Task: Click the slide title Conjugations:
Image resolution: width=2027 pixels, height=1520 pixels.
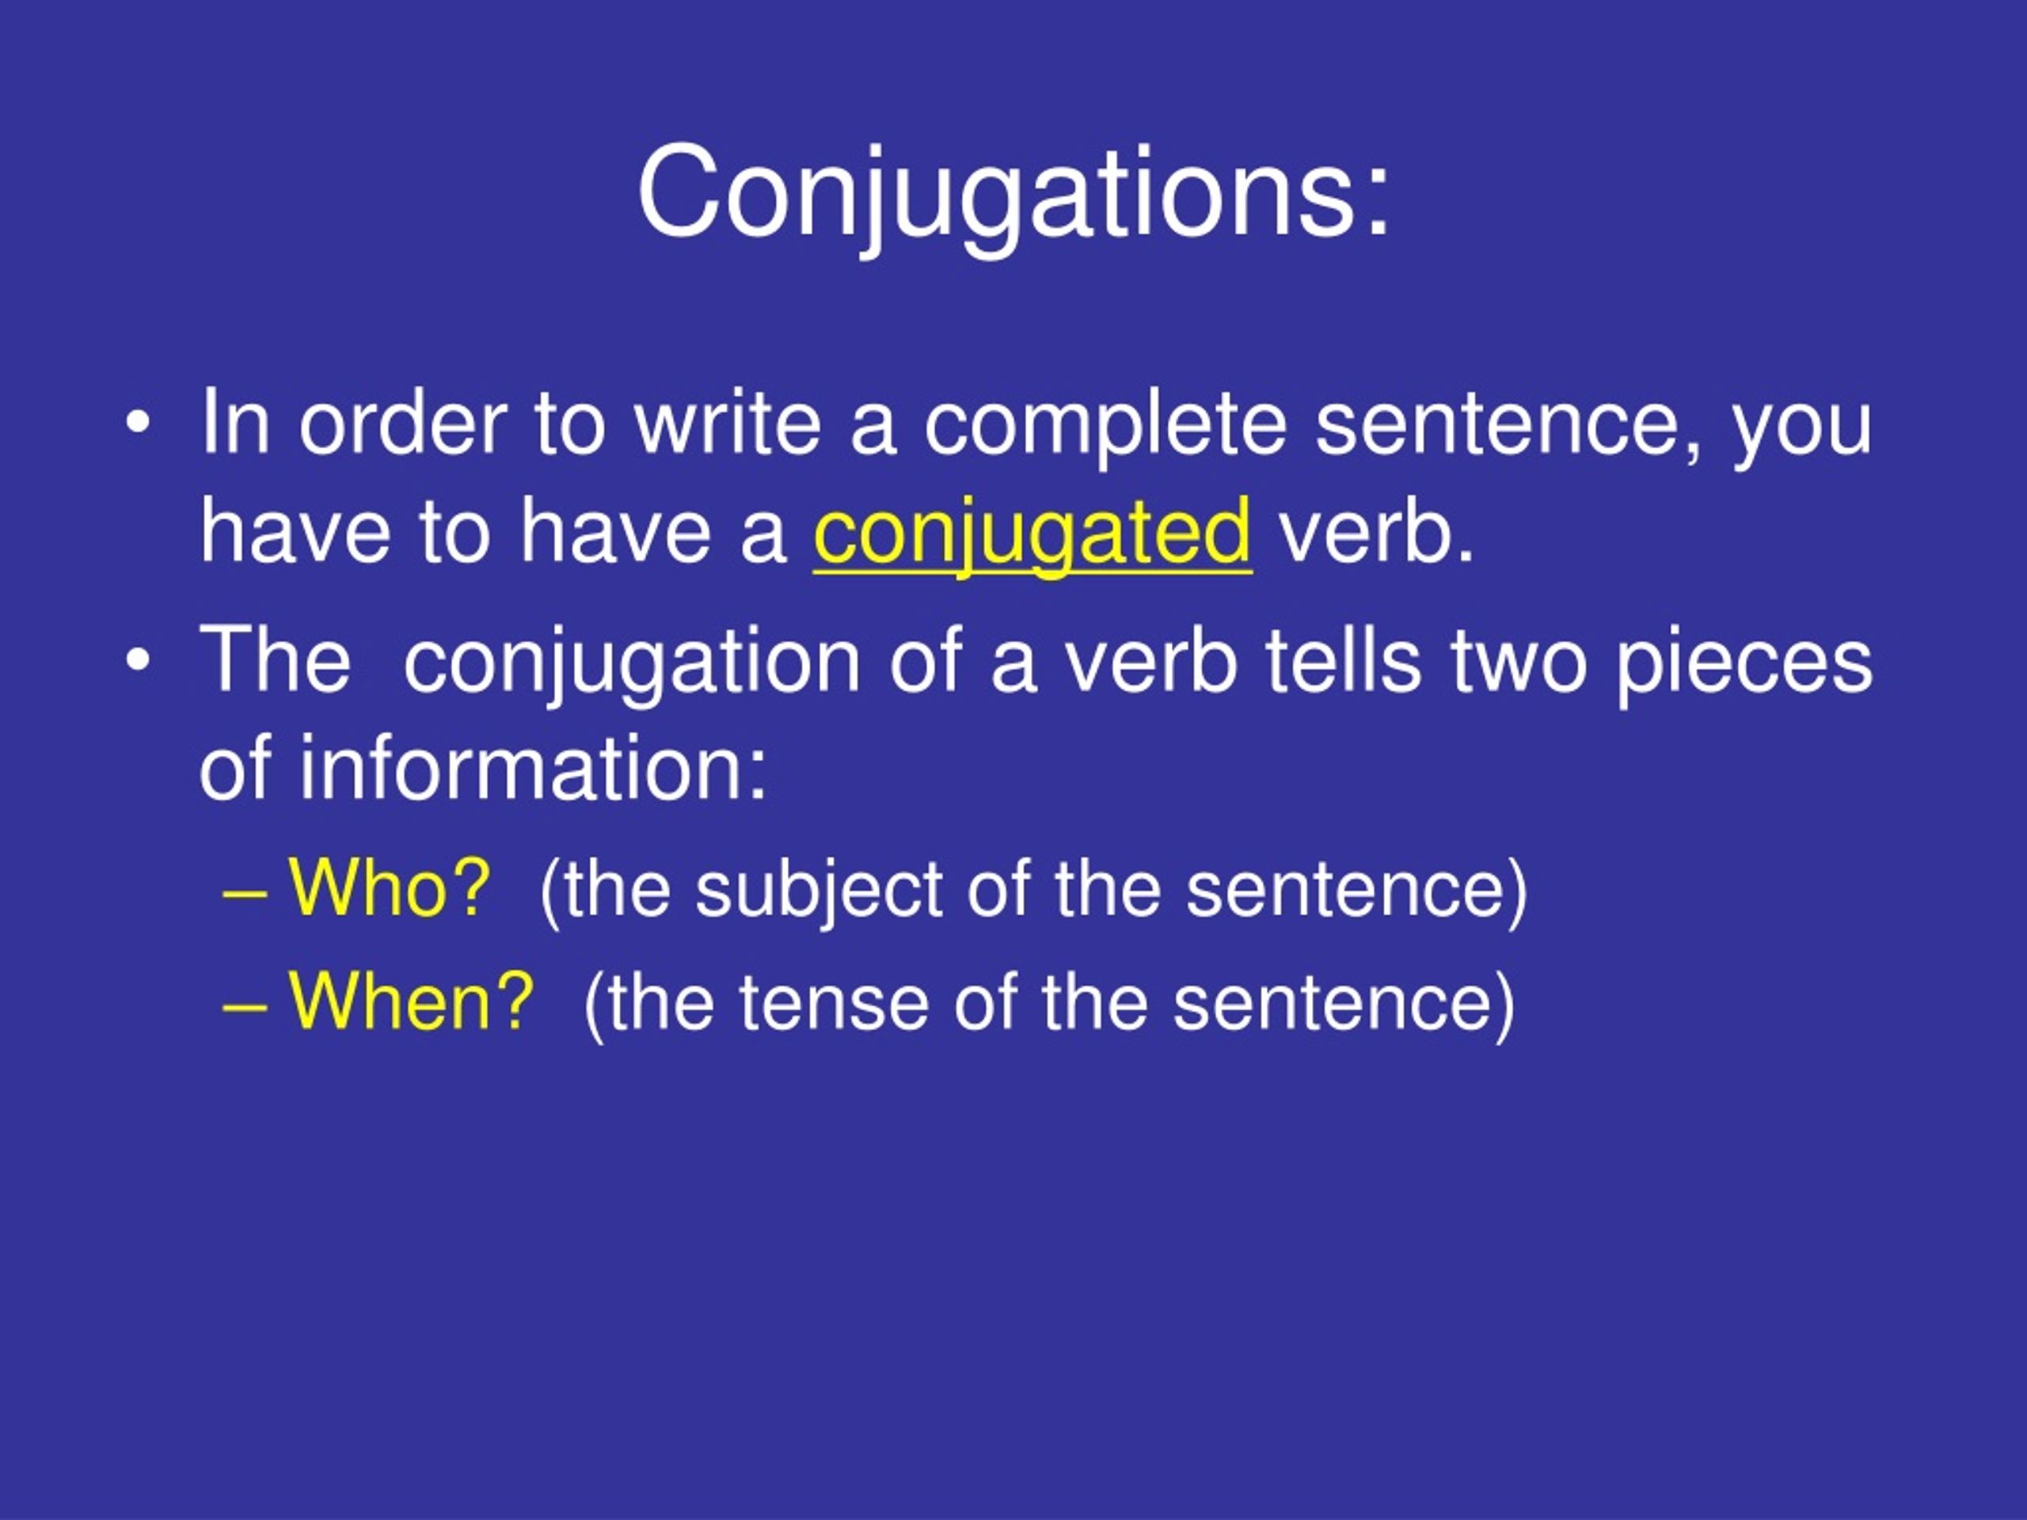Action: [x=1013, y=194]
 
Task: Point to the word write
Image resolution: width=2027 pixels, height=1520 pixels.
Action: [x=728, y=424]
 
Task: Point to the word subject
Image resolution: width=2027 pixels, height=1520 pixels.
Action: [x=818, y=890]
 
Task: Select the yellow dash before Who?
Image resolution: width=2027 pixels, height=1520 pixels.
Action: [x=245, y=891]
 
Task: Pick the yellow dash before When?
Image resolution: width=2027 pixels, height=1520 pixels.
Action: [x=245, y=1004]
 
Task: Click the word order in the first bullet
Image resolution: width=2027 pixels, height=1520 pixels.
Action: [x=403, y=424]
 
